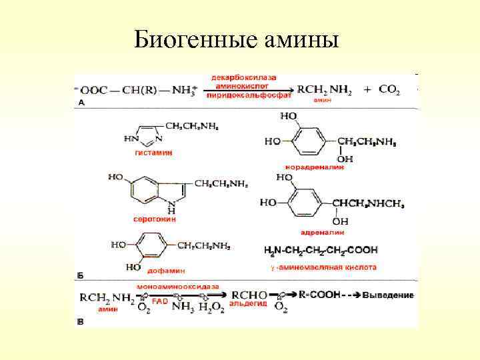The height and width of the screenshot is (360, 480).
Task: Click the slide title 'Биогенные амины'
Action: [x=236, y=39]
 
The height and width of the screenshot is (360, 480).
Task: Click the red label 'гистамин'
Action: [x=154, y=153]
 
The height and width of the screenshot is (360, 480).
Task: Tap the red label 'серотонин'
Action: [x=154, y=218]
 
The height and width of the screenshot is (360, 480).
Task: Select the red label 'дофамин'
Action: [x=167, y=270]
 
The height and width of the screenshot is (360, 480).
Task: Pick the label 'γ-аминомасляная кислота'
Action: [x=323, y=267]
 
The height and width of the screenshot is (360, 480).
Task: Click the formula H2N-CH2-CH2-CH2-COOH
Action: [x=321, y=250]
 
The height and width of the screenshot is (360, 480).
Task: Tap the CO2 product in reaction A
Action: [x=388, y=89]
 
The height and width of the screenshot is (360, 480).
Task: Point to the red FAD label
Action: [x=161, y=301]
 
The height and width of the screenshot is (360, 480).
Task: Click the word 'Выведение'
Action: [x=389, y=295]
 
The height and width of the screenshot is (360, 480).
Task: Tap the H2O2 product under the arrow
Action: [x=207, y=307]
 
